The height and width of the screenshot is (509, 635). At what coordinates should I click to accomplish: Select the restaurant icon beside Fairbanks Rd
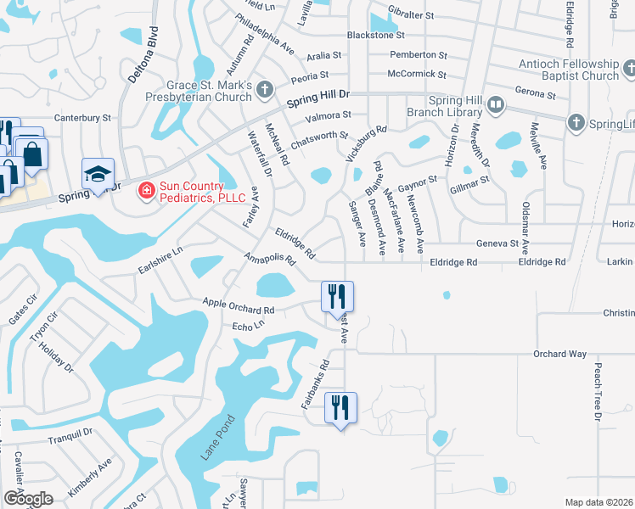coord(340,408)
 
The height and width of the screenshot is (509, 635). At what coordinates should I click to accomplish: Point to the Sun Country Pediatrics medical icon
coord(145,190)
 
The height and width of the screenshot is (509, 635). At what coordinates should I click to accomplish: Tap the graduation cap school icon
coord(98,175)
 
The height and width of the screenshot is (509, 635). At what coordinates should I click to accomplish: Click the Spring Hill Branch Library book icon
coord(496,106)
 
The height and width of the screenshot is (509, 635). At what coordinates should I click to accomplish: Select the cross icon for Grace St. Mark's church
coord(265,88)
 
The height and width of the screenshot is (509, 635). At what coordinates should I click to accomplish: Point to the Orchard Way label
coord(559,354)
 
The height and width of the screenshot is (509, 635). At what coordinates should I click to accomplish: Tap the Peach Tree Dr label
coord(598,394)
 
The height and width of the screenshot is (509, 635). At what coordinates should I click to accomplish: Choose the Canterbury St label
coord(83,118)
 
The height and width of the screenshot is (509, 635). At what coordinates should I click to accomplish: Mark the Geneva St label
coord(497,243)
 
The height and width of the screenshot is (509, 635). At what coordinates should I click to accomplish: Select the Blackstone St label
coord(376,36)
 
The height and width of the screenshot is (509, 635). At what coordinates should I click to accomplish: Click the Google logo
coord(28,497)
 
